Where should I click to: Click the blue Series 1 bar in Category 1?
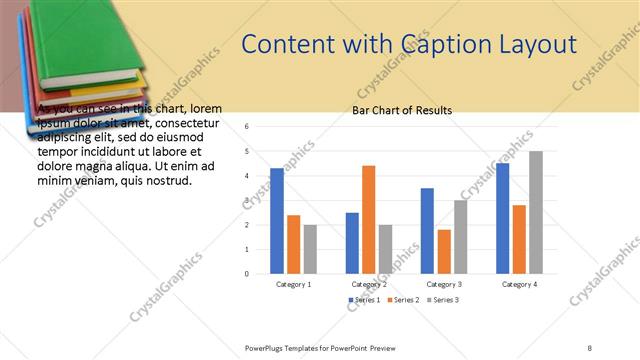[277, 221]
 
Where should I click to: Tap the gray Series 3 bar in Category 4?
[536, 212]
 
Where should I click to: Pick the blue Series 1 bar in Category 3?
[427, 231]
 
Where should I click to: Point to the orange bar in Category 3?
[444, 251]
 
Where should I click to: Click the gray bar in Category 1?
[310, 249]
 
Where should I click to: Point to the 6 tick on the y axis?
[246, 127]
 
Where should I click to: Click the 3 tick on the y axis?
[246, 200]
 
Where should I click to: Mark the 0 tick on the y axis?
[246, 273]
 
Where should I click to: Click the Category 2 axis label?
[368, 284]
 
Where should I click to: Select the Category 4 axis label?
[519, 284]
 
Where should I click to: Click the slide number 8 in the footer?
[590, 347]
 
